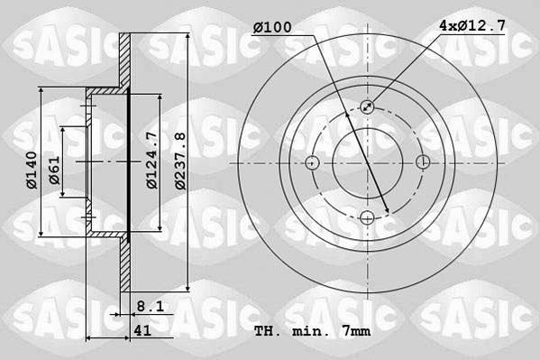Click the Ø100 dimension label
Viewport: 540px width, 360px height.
[272, 28]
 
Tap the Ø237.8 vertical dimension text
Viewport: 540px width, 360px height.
[181, 161]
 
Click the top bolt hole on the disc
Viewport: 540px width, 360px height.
[368, 107]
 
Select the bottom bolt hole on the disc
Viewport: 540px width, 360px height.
[368, 217]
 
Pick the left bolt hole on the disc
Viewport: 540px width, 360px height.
[313, 162]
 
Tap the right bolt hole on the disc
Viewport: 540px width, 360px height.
[423, 162]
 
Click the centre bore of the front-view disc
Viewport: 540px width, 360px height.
[368, 162]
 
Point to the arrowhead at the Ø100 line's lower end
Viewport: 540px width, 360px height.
[387, 212]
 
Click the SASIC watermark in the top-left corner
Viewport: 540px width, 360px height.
[53, 42]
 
